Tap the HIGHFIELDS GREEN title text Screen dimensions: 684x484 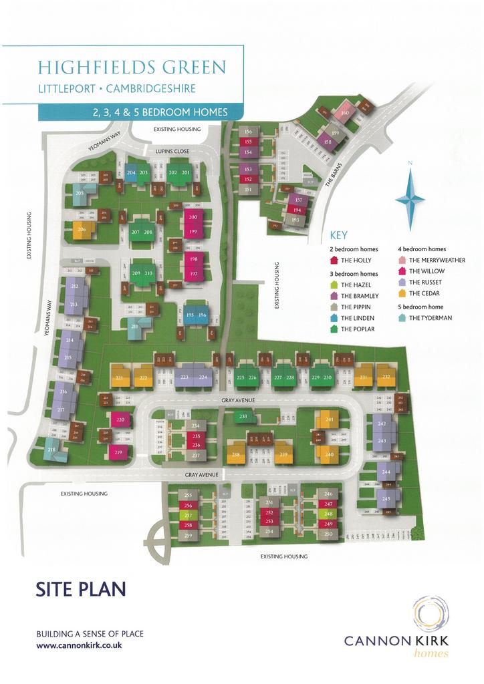click(132, 67)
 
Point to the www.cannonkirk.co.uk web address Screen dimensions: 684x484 click(78, 646)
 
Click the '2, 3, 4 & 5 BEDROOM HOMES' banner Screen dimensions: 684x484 click(160, 112)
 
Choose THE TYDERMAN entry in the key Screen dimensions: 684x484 click(429, 318)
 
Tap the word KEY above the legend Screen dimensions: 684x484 click(340, 236)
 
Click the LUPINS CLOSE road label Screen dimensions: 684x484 click(173, 152)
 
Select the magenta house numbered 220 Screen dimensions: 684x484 click(120, 420)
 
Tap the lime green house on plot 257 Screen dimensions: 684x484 click(188, 516)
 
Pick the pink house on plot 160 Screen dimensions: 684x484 click(345, 113)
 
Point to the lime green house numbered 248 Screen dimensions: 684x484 click(328, 514)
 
